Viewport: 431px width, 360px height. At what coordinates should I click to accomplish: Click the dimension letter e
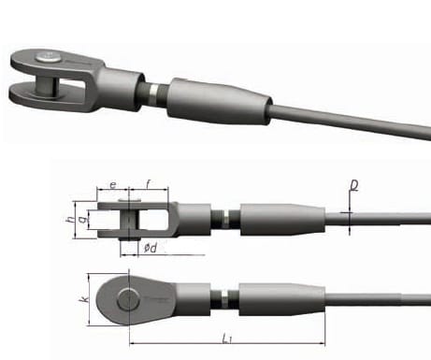pyautogui.click(x=113, y=187)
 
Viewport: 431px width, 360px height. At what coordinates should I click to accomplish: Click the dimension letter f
pyautogui.click(x=148, y=186)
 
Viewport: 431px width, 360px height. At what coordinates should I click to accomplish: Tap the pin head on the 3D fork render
pyautogui.click(x=47, y=61)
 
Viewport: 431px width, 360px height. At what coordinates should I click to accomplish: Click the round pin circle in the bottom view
pyautogui.click(x=128, y=298)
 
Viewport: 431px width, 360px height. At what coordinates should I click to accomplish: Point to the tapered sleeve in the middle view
pyautogui.click(x=280, y=220)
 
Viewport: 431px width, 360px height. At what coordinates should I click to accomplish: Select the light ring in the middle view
pyautogui.click(x=225, y=221)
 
